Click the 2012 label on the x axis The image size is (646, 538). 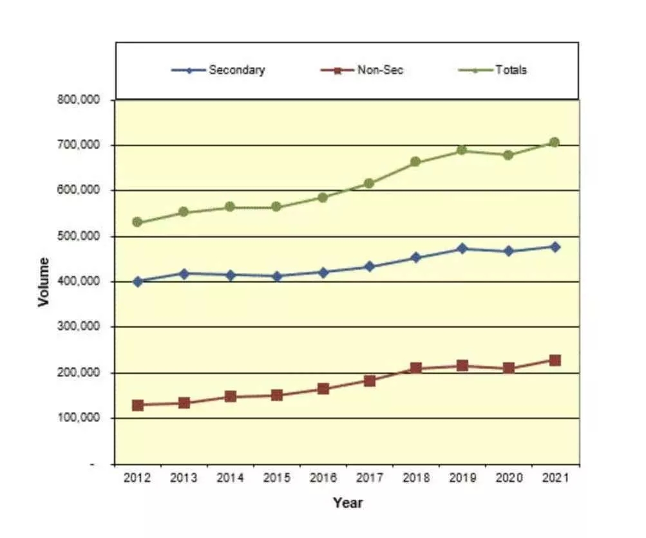(x=137, y=479)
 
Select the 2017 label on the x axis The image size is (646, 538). (x=369, y=479)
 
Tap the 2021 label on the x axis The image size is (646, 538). (x=554, y=479)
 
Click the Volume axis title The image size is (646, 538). (x=43, y=282)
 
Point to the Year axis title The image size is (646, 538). (x=347, y=503)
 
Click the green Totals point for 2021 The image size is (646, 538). (x=554, y=142)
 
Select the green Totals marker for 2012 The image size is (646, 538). (x=137, y=222)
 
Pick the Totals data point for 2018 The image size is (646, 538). (x=415, y=162)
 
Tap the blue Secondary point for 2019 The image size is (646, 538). (x=462, y=248)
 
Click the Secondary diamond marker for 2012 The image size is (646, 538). (x=137, y=281)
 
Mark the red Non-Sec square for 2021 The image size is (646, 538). (x=554, y=360)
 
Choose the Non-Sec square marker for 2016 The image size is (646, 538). (x=323, y=389)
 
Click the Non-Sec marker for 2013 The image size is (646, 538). (x=184, y=403)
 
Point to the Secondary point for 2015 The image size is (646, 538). (x=277, y=276)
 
